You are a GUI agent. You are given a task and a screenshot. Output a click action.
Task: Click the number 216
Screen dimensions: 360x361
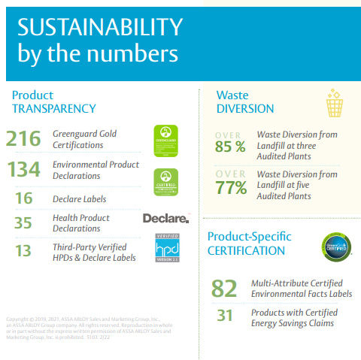click(23, 139)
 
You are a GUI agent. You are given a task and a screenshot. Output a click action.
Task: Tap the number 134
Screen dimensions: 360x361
click(23, 170)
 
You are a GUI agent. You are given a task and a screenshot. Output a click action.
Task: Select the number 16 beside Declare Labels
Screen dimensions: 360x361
click(24, 198)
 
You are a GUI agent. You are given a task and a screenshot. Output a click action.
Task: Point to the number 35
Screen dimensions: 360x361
click(24, 222)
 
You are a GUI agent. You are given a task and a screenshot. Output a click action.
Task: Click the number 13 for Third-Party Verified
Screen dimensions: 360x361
click(24, 251)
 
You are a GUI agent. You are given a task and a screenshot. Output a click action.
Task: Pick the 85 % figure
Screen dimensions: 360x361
click(230, 147)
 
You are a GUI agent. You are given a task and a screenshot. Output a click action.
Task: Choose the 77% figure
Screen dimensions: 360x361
click(231, 187)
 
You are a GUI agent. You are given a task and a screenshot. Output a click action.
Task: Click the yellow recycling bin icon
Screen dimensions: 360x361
click(334, 103)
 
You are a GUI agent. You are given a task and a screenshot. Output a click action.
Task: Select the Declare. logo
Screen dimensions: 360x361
click(165, 219)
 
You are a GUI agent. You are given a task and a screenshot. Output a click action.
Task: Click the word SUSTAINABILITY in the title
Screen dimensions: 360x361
click(100, 28)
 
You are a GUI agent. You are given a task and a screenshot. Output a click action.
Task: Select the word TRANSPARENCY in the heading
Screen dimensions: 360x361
click(54, 108)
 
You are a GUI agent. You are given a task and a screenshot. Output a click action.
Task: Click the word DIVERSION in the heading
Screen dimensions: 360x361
click(245, 108)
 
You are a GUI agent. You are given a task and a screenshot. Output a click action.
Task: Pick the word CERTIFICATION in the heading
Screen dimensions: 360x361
click(246, 250)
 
